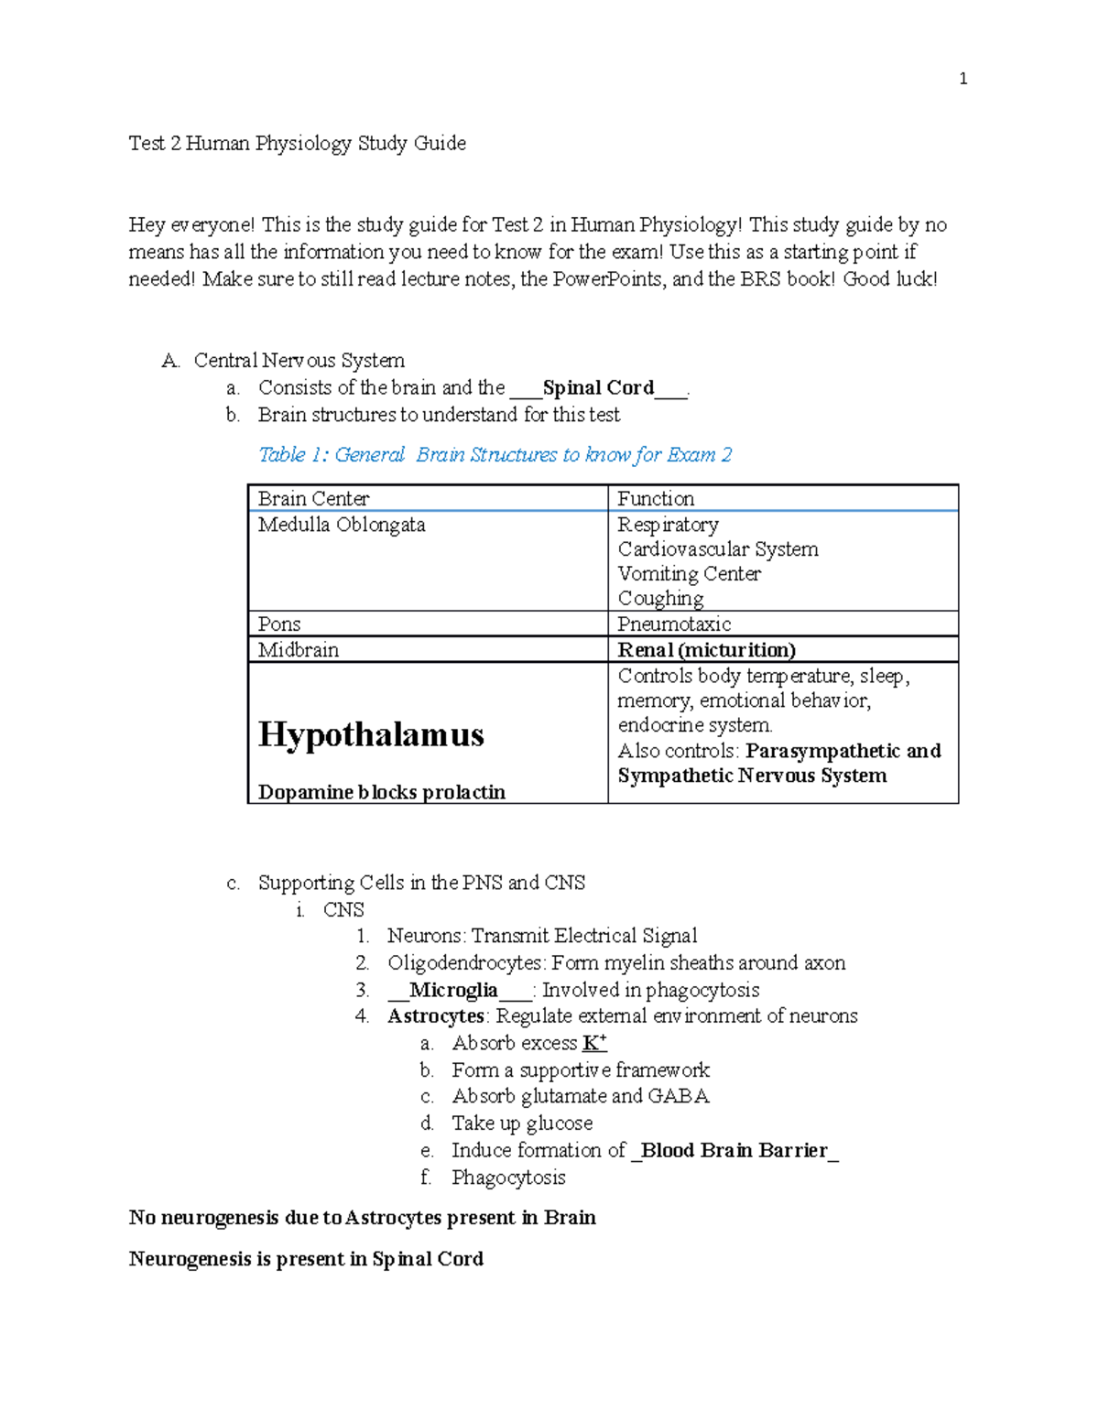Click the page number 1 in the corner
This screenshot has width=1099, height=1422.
pos(963,79)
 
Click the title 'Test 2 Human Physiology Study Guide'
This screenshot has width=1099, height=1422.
pos(298,144)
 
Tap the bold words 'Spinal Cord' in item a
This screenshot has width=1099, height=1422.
pos(598,388)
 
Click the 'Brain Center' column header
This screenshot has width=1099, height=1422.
pos(313,499)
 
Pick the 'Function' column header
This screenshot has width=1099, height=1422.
pos(656,499)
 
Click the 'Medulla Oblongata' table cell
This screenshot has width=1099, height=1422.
pos(342,525)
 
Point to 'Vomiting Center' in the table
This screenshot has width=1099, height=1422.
pos(689,574)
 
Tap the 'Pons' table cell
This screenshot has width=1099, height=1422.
pos(279,624)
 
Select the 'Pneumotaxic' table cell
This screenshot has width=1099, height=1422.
pos(674,624)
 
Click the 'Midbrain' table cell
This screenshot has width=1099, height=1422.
pos(299,650)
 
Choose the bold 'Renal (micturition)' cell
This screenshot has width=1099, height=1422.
pos(706,650)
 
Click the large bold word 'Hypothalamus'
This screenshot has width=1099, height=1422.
pos(371,734)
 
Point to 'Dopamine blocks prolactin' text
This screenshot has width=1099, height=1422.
pos(382,792)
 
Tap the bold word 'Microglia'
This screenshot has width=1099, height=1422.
pos(453,990)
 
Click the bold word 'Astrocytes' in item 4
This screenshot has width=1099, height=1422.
pos(436,1016)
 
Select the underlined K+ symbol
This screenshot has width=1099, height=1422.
pos(594,1043)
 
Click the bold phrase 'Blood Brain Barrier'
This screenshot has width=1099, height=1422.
pos(734,1150)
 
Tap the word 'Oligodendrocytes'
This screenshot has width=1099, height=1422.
pos(465,963)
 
